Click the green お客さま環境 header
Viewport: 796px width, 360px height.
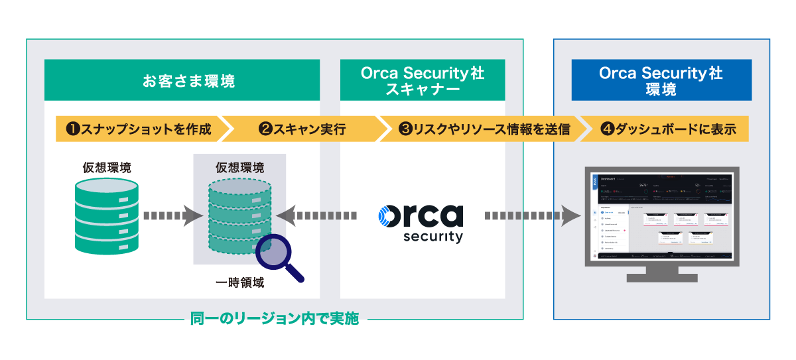click(182, 81)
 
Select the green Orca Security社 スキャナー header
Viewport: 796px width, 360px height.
click(423, 81)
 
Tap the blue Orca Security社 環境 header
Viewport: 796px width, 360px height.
click(661, 81)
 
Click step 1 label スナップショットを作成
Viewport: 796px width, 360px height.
click(138, 129)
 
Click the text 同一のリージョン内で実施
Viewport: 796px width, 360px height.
click(274, 319)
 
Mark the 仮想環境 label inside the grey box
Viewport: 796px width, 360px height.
click(239, 166)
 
